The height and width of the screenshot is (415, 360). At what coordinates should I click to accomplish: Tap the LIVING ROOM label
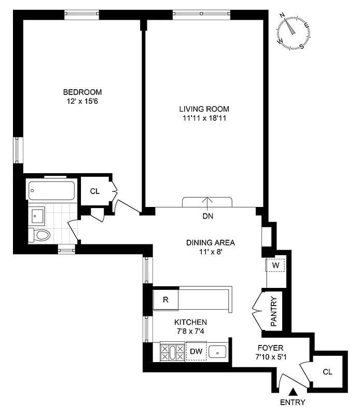point(204,109)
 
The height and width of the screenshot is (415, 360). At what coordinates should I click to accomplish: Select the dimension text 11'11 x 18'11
point(204,119)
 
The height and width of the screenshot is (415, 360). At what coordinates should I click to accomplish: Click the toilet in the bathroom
point(40,235)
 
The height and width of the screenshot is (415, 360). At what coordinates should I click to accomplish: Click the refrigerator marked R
point(165,300)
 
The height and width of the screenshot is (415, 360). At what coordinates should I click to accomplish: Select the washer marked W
point(275,266)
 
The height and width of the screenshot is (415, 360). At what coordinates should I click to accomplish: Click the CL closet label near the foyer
point(327,371)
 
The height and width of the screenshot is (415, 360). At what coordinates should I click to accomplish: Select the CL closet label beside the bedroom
point(94,191)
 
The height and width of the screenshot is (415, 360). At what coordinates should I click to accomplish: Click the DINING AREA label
point(211,242)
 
